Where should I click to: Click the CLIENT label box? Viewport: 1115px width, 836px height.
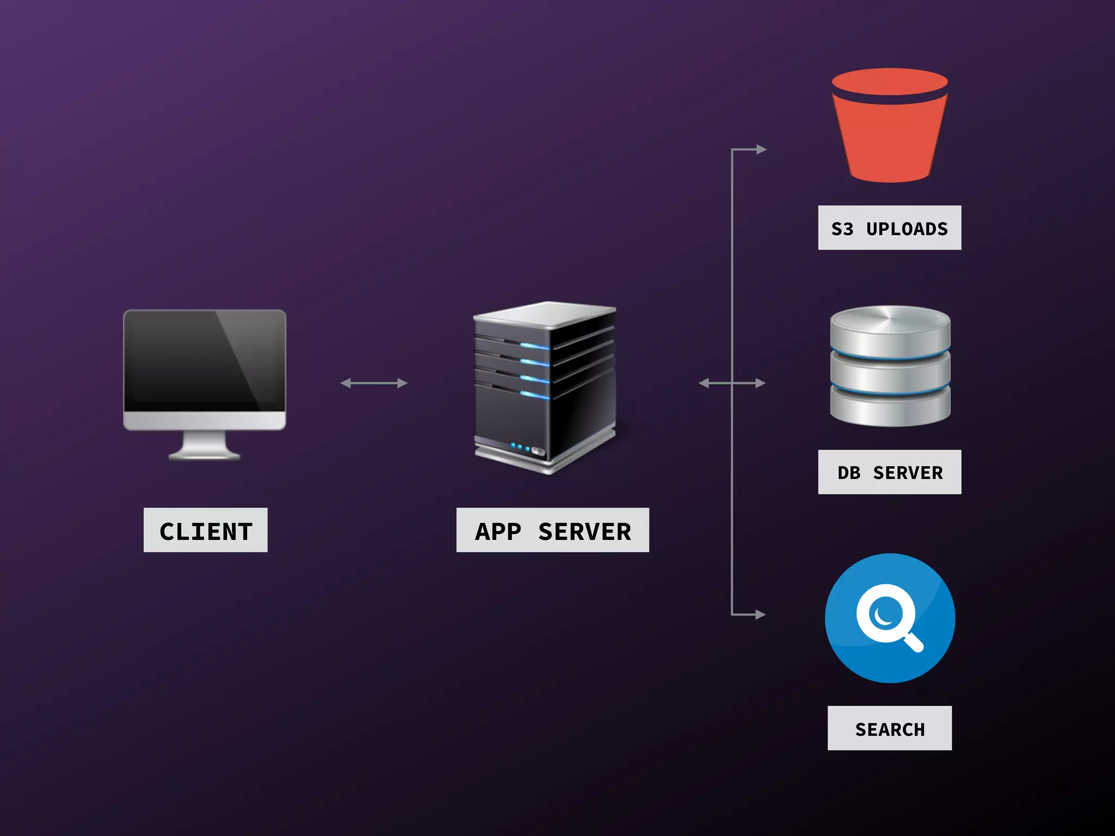205,530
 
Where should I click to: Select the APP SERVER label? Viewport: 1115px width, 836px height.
552,530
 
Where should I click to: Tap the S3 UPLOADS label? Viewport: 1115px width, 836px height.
889,228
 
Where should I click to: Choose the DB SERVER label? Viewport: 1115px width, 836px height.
889,472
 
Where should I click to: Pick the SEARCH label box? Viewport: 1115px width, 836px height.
889,728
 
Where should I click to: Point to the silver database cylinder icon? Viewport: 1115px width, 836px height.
890,366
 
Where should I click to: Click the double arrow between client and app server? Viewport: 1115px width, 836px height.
373,383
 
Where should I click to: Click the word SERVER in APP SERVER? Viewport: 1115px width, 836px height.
584,531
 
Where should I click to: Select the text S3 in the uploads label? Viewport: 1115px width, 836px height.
842,229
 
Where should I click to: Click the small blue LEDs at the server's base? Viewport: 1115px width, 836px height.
520,447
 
